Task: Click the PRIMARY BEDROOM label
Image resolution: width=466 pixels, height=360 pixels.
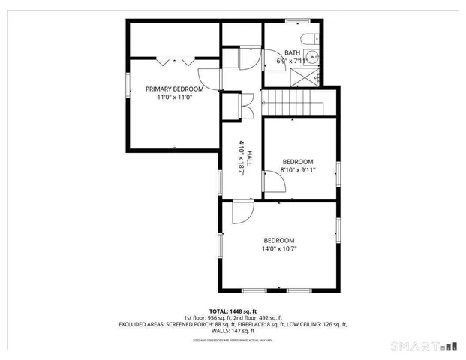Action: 175,89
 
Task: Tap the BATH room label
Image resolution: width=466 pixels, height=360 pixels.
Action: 292,52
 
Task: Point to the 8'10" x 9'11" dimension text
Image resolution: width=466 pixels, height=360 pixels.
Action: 298,170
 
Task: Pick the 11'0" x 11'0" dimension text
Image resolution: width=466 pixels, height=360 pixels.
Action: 175,97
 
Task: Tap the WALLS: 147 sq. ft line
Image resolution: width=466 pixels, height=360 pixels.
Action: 233,331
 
